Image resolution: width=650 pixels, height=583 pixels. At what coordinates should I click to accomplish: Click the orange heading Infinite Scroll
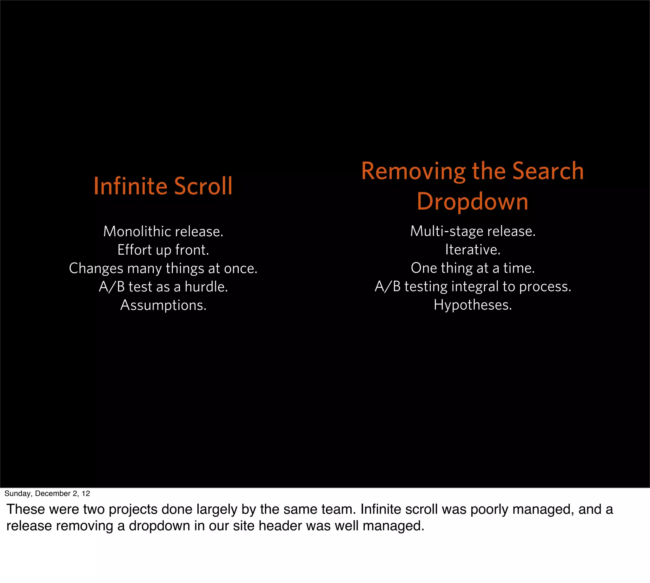[x=163, y=186]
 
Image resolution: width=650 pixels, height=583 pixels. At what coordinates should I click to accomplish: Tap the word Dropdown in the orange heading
[x=472, y=202]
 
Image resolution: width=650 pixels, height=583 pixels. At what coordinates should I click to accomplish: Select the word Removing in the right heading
[x=413, y=171]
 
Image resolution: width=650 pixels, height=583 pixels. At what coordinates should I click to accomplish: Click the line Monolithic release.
[x=163, y=231]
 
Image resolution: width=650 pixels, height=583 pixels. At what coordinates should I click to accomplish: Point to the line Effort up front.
[x=163, y=250]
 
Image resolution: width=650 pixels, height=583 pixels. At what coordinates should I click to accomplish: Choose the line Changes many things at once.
[x=163, y=268]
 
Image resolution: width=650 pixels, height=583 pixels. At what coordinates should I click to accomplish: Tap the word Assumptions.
[x=163, y=305]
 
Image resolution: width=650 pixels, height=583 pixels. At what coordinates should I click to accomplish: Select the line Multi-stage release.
[x=473, y=231]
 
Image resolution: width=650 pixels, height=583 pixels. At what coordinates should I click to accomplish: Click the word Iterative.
[x=473, y=250]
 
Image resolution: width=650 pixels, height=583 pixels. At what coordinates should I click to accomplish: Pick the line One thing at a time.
[x=473, y=268]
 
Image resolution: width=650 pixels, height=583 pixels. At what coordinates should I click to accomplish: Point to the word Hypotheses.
[x=473, y=305]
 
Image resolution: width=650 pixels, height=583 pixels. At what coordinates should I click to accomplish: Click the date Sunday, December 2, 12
[x=47, y=493]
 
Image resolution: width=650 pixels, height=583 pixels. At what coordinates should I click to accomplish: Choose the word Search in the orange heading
[x=548, y=171]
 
